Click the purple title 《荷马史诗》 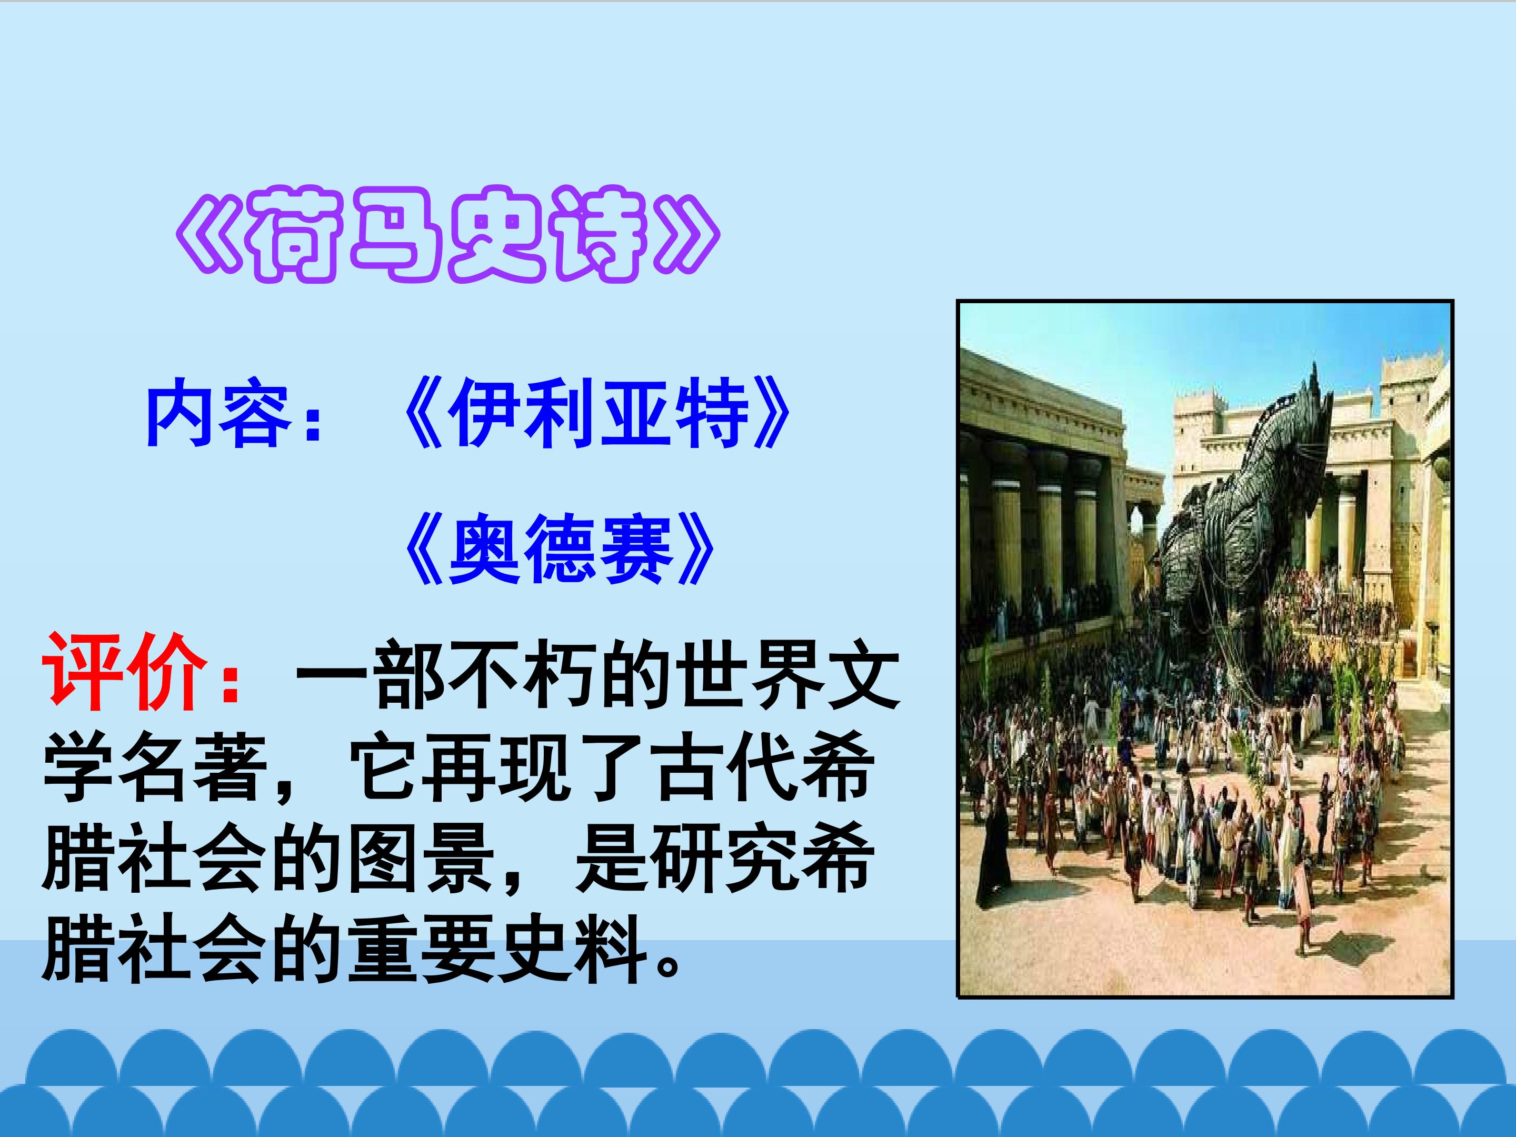point(447,234)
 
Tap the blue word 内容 point(218,413)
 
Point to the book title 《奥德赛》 point(559,548)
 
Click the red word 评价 point(125,671)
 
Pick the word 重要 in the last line point(422,949)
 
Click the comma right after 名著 point(284,788)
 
